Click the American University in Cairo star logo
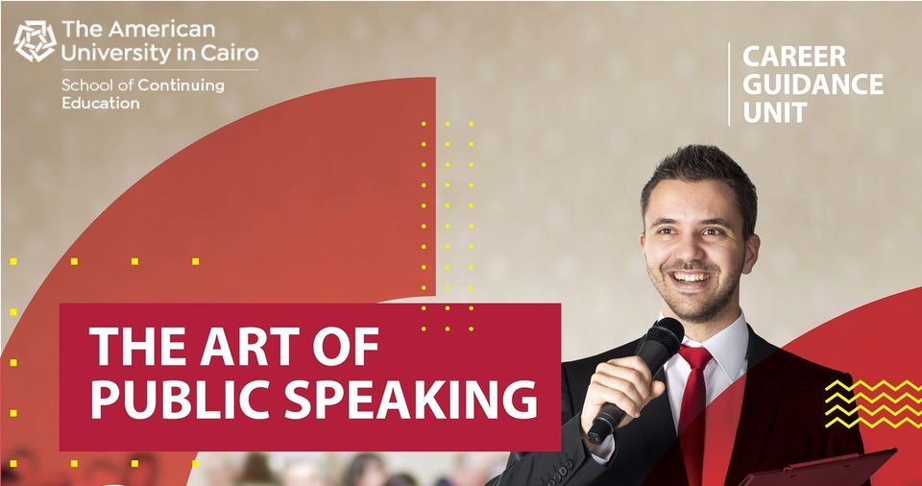[35, 41]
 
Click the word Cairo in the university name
[231, 54]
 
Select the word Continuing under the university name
[182, 85]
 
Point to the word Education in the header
[101, 104]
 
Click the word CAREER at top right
[794, 57]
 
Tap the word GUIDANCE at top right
[813, 85]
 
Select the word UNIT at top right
[774, 112]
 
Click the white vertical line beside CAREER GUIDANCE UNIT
[729, 85]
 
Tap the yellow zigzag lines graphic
[873, 403]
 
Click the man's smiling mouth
[691, 278]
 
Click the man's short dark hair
[701, 174]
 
